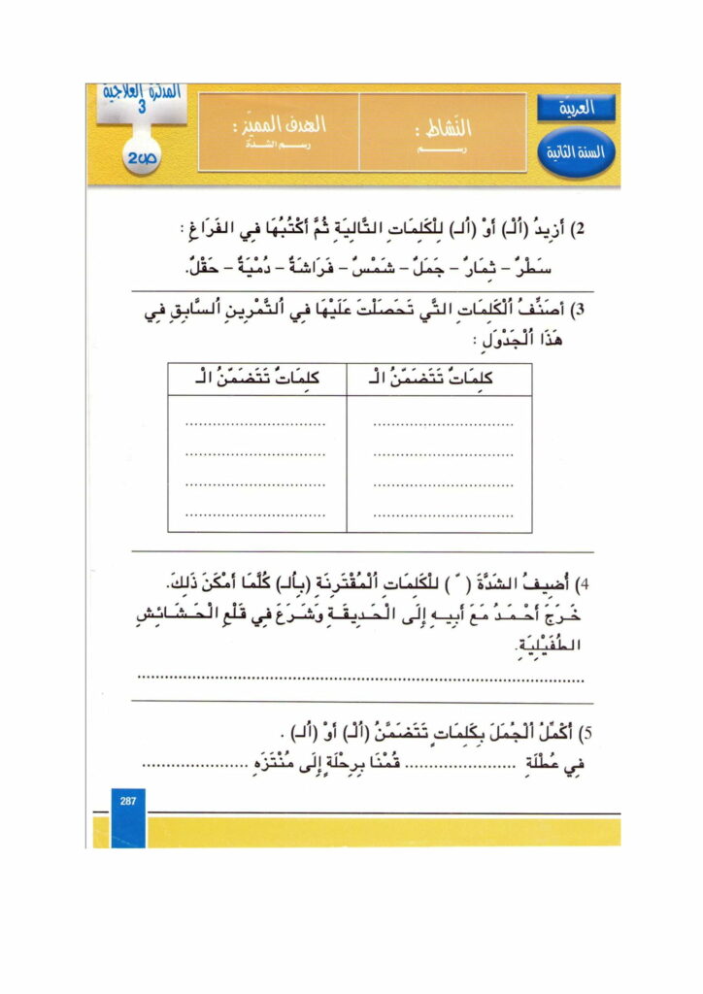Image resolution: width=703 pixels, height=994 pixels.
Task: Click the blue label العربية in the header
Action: tap(576, 109)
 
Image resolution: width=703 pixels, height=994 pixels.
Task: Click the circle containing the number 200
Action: tap(144, 156)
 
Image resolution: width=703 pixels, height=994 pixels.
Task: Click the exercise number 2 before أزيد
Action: tap(582, 230)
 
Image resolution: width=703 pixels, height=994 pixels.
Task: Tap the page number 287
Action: tap(127, 801)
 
